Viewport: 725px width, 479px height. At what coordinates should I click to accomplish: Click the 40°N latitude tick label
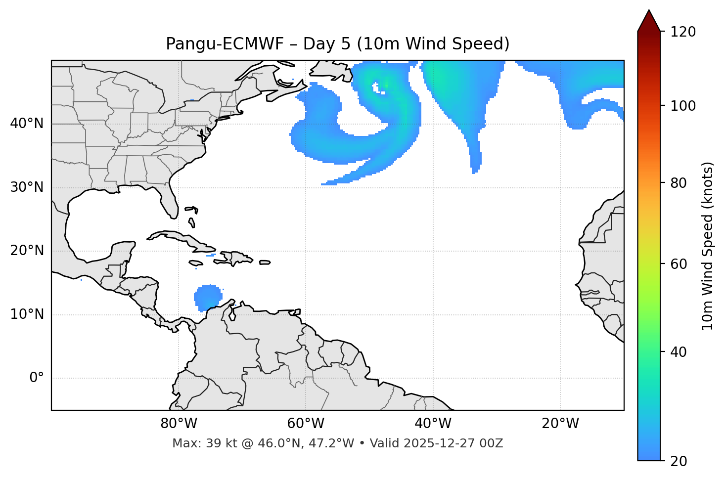click(27, 124)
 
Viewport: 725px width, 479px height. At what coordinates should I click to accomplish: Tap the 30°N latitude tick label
click(27, 187)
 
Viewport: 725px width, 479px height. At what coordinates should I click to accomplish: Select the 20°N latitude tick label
click(27, 251)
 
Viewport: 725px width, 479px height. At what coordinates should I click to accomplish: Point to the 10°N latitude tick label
click(27, 314)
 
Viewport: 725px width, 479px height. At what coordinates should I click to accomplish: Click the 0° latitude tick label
click(37, 378)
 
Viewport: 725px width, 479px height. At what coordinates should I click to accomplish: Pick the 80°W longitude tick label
click(179, 424)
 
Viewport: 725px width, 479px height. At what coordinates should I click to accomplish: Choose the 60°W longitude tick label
click(306, 424)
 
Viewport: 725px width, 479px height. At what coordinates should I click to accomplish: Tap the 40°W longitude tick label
click(433, 424)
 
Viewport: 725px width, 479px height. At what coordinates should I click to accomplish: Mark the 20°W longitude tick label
click(560, 424)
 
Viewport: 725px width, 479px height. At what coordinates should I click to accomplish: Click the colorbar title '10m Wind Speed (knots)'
click(708, 246)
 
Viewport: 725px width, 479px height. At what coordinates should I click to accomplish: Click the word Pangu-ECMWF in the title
click(225, 44)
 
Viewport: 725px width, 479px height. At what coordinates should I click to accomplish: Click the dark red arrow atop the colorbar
click(649, 21)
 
